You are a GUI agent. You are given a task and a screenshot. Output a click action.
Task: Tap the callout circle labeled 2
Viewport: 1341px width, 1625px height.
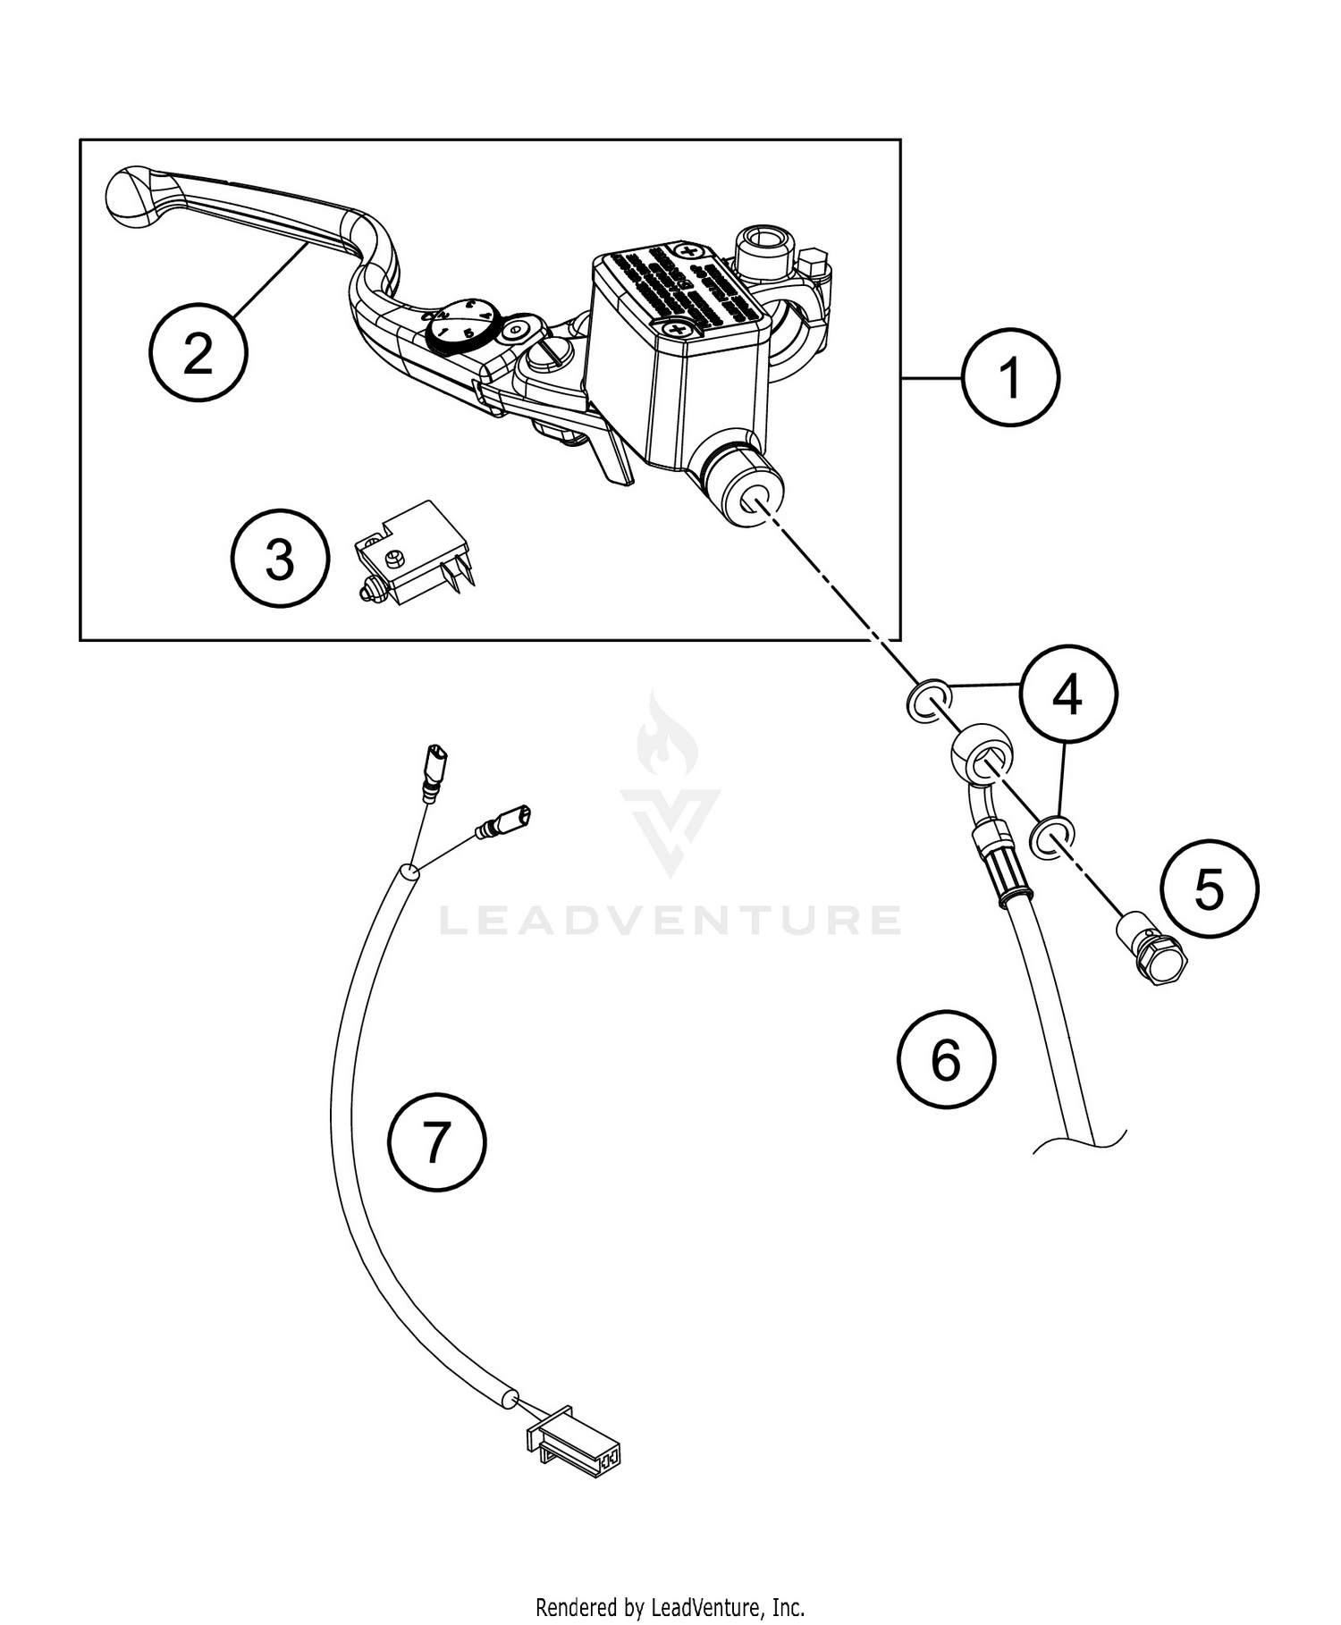(198, 354)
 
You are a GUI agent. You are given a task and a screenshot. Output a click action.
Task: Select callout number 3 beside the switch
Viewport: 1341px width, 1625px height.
(280, 560)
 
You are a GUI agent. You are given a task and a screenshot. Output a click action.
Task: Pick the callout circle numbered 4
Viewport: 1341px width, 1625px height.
(1068, 695)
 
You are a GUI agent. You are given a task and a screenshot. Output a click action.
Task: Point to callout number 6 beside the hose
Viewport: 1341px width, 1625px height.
(946, 1061)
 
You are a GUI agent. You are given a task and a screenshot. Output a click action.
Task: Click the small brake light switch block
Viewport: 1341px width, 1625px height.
(413, 555)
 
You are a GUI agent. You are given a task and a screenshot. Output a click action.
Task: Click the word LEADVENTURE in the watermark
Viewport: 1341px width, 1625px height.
(669, 920)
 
